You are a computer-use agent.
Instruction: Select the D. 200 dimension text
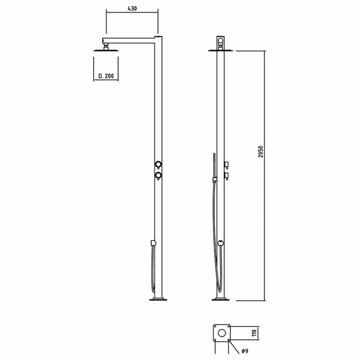(x=106, y=76)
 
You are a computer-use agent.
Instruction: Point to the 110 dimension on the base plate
(x=254, y=333)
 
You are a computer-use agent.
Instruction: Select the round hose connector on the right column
(x=221, y=243)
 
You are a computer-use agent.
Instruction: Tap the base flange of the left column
(x=158, y=299)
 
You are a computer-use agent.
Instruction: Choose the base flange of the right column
(x=221, y=299)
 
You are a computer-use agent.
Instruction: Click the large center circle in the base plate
(x=222, y=333)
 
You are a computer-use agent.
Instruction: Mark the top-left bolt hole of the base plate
(x=215, y=327)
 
